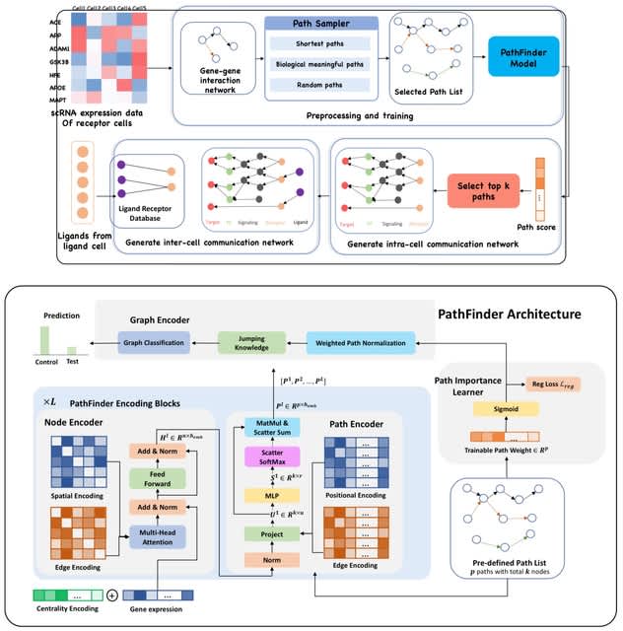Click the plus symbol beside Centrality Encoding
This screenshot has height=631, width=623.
pos(111,596)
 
